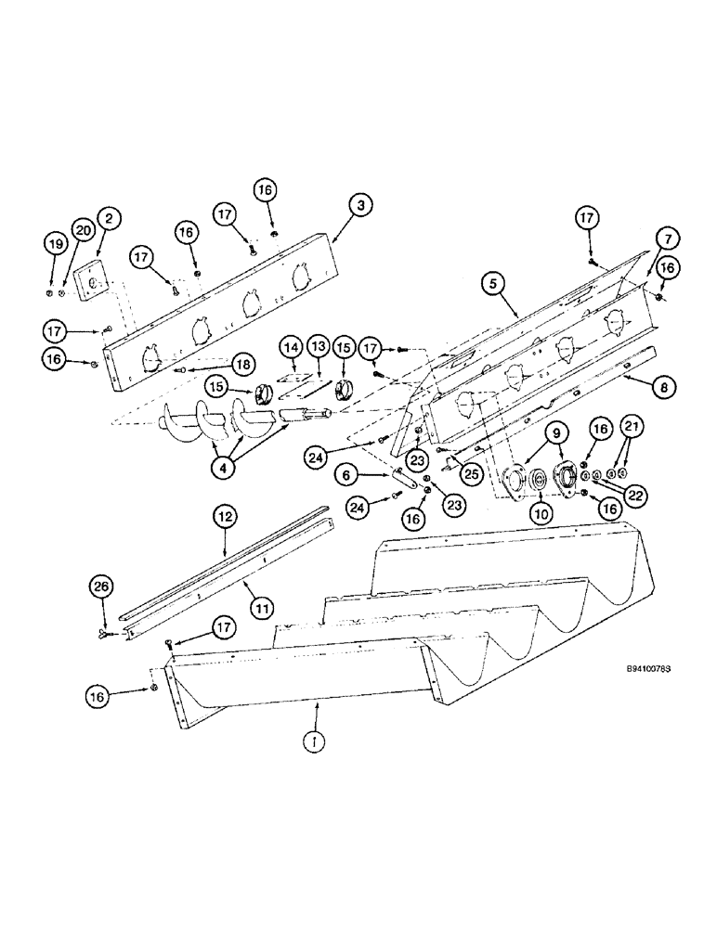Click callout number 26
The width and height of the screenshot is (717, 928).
pyautogui.click(x=101, y=586)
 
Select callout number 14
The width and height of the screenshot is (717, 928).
pyautogui.click(x=293, y=347)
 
